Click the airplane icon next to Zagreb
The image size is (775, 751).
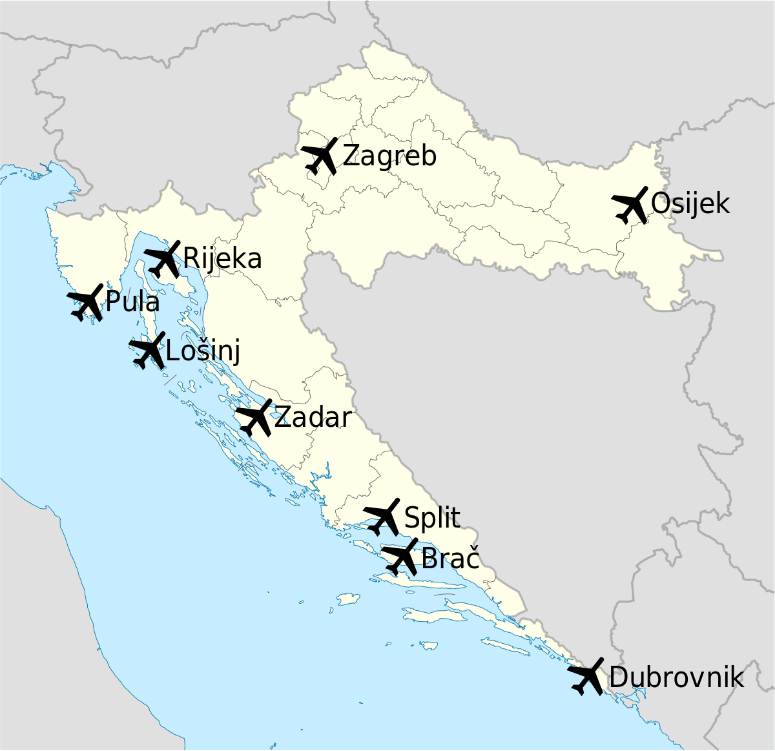[320, 156]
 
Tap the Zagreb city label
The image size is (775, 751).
[389, 156]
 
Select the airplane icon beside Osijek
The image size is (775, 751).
[630, 205]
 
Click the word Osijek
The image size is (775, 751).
[690, 204]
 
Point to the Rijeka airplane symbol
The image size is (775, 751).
[163, 259]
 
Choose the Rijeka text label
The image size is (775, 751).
[223, 259]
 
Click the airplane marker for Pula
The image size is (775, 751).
[86, 302]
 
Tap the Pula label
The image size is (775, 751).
[132, 302]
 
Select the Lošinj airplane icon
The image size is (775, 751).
[148, 351]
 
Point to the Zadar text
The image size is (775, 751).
[313, 418]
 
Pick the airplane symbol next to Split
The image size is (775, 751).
[383, 517]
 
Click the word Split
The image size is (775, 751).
[432, 518]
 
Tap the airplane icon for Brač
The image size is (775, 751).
[400, 557]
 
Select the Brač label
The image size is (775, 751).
[450, 558]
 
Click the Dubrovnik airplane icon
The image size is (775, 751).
[586, 677]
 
